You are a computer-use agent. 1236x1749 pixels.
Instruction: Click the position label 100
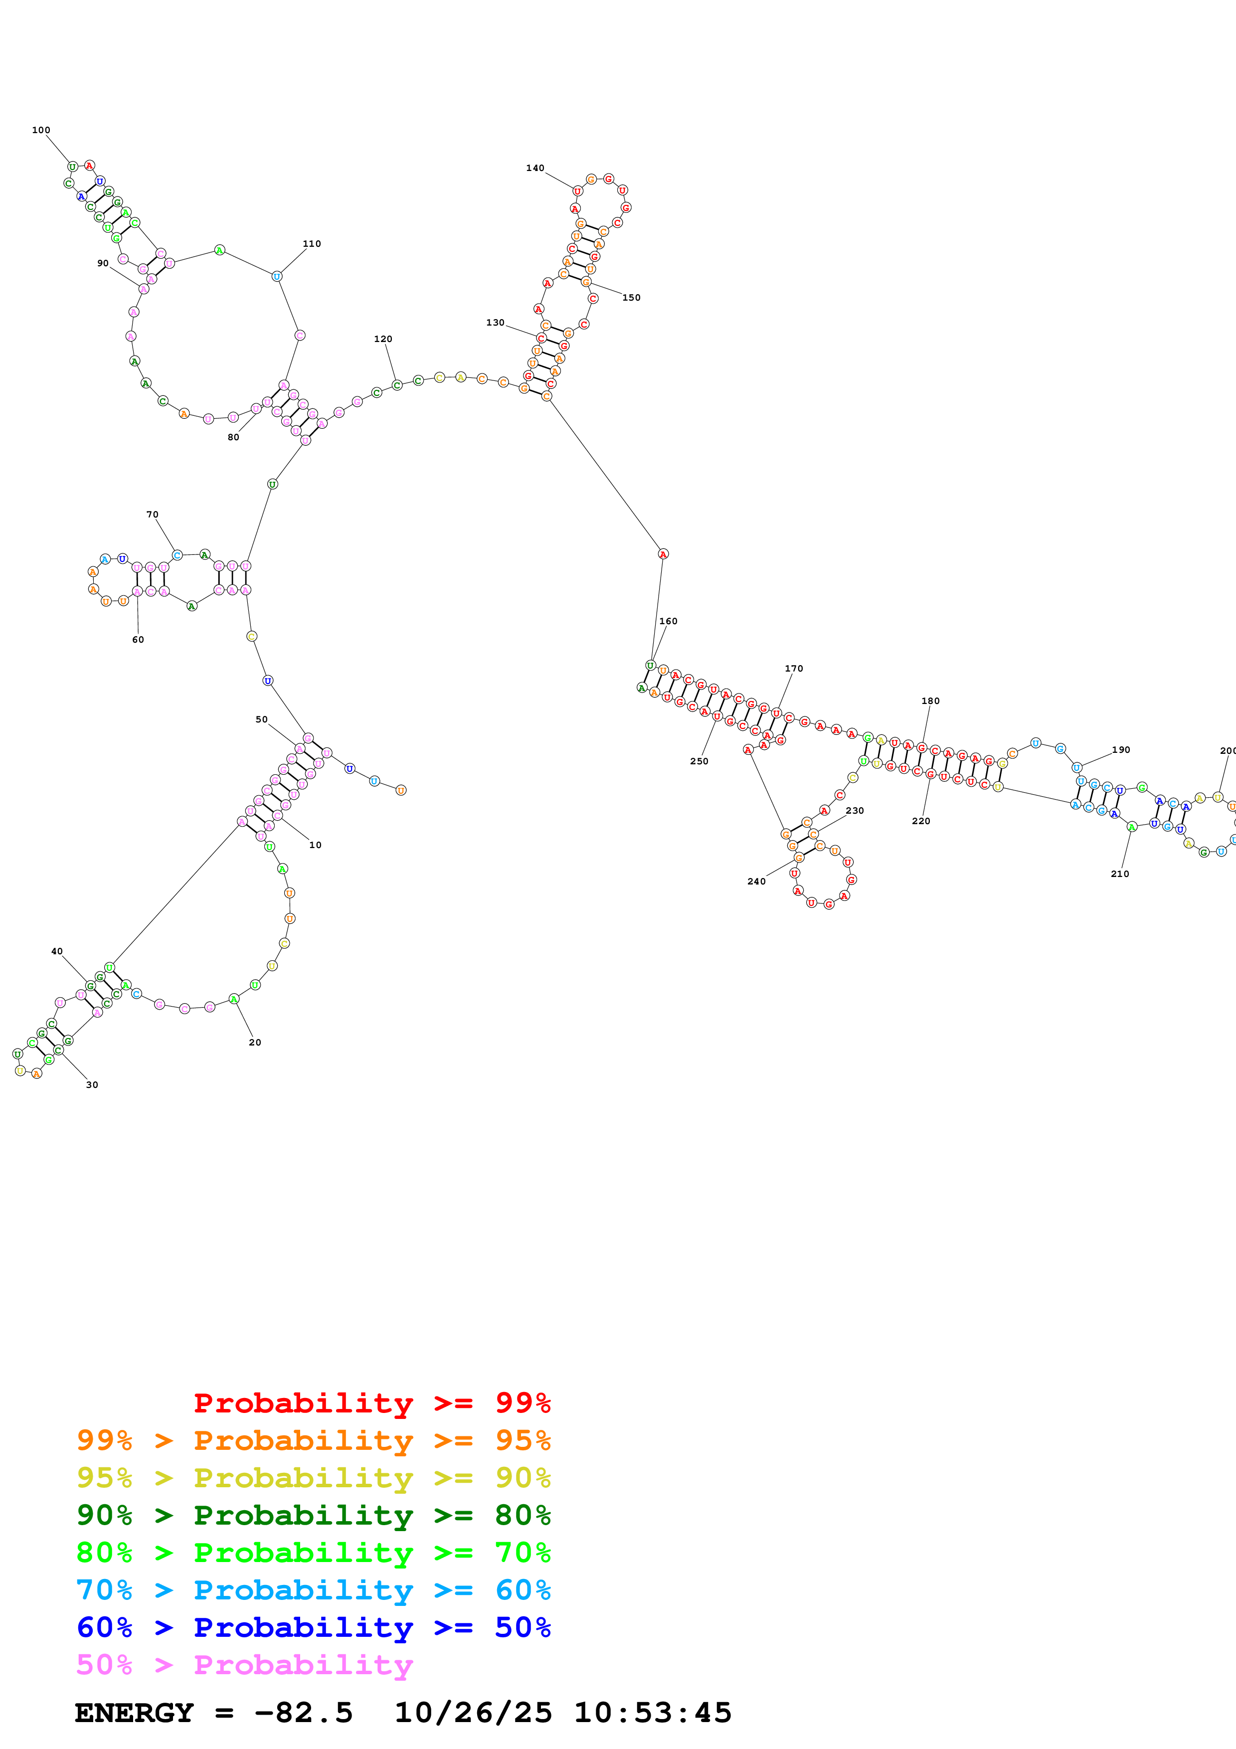[41, 130]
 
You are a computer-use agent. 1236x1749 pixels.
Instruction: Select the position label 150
[631, 298]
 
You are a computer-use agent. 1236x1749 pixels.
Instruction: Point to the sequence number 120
[382, 339]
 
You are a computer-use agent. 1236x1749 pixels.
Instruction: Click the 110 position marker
[312, 244]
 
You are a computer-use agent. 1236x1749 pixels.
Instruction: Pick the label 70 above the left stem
[152, 515]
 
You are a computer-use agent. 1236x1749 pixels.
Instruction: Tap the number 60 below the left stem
[138, 640]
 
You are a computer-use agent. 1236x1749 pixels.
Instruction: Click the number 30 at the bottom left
[92, 1085]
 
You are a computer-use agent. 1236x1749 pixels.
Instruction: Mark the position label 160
[668, 622]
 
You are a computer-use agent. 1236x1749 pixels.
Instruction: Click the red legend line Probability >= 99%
[371, 1403]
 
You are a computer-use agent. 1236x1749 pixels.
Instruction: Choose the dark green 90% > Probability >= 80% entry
[313, 1515]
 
